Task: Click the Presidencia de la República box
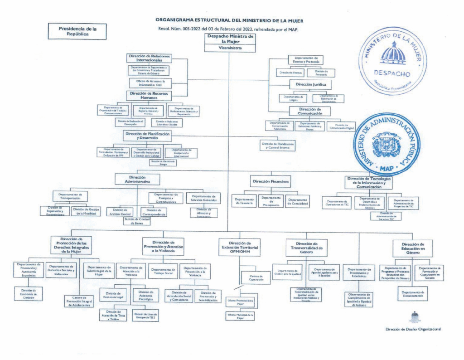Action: point(77,31)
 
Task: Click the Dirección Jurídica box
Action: point(310,84)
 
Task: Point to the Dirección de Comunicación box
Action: point(310,111)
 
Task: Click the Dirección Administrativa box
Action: point(137,180)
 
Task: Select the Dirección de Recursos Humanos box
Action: point(149,95)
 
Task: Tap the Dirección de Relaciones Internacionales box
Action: point(149,58)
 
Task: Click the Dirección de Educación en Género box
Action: point(413,248)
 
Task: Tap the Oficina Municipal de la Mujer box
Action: point(240,316)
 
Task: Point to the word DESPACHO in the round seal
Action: point(392,73)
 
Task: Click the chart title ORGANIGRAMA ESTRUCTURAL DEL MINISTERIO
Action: point(230,20)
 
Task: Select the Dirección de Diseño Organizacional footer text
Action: point(413,329)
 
